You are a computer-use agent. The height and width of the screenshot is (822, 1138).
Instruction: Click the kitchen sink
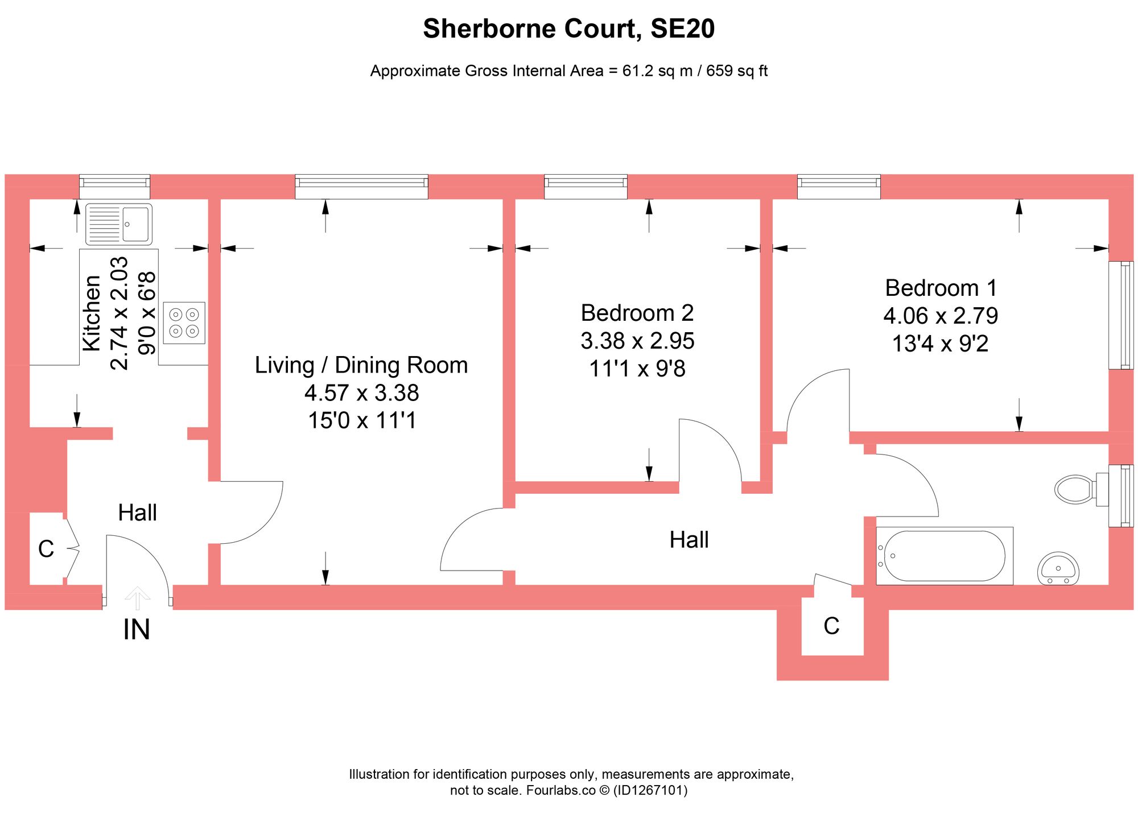click(119, 224)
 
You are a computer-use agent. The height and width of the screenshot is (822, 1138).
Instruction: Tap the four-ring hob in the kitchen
click(184, 323)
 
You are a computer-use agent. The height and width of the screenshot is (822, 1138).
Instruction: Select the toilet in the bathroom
click(1075, 489)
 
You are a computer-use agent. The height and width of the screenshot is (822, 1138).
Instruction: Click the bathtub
click(945, 556)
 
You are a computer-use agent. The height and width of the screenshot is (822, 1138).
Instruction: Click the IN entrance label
click(137, 630)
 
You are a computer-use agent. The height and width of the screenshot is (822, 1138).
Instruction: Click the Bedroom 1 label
click(941, 288)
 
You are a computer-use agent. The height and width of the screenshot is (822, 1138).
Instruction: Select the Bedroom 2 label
click(637, 313)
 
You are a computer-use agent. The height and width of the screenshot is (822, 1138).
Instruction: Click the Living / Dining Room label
click(361, 365)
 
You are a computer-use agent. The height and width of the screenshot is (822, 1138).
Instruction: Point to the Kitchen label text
click(92, 313)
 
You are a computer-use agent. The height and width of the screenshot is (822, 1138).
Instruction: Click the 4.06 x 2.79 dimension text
click(941, 316)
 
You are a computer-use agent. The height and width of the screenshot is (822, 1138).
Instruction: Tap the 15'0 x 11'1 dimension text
click(362, 420)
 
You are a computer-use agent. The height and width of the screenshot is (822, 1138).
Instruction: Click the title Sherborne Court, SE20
click(568, 28)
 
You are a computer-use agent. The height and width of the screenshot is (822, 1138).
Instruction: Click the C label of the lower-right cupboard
click(831, 626)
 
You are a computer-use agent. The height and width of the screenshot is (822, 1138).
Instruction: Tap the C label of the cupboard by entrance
click(46, 549)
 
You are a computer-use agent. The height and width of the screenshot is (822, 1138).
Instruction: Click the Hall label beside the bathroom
click(689, 540)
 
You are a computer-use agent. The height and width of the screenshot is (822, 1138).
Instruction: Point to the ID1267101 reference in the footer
click(650, 790)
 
